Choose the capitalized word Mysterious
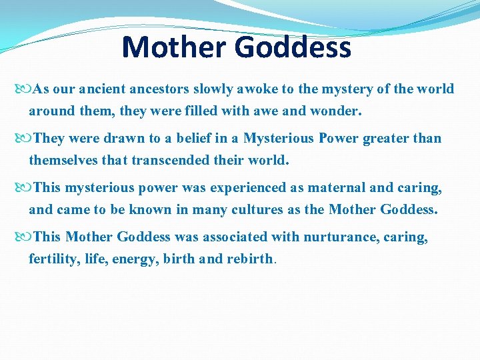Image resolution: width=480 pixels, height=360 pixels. tap(278, 139)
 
